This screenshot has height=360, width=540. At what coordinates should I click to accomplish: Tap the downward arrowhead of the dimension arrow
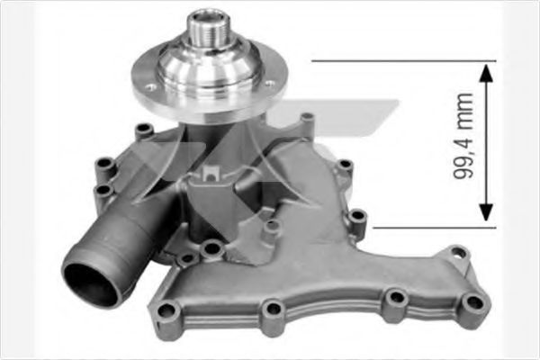coord(486,213)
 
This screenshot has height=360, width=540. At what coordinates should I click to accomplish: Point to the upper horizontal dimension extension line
coord(396,61)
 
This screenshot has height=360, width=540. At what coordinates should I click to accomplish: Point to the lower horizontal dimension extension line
coord(423,227)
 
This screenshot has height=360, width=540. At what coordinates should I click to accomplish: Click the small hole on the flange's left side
coord(149,87)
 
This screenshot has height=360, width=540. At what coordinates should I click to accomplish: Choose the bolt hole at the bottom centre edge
coord(272,311)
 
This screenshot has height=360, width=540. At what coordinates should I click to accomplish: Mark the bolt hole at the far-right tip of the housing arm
coord(459,253)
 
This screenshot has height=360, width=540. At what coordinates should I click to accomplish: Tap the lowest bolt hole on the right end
coord(470,302)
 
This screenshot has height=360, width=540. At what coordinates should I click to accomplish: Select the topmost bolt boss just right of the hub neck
coord(308,118)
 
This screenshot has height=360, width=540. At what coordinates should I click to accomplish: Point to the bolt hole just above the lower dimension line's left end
coord(357,217)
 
